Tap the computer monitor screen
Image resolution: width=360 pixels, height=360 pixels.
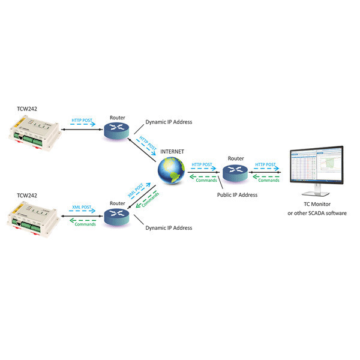tap(316, 169)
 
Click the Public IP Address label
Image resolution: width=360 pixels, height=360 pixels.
tap(236, 195)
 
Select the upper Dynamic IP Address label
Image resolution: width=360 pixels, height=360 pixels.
tap(169, 122)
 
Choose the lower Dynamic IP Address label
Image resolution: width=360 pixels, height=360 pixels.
tap(169, 228)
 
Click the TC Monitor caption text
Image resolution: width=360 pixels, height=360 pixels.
tap(316, 205)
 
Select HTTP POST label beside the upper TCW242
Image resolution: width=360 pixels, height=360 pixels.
tap(83, 120)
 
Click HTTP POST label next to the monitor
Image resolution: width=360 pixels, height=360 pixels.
tap(266, 164)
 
